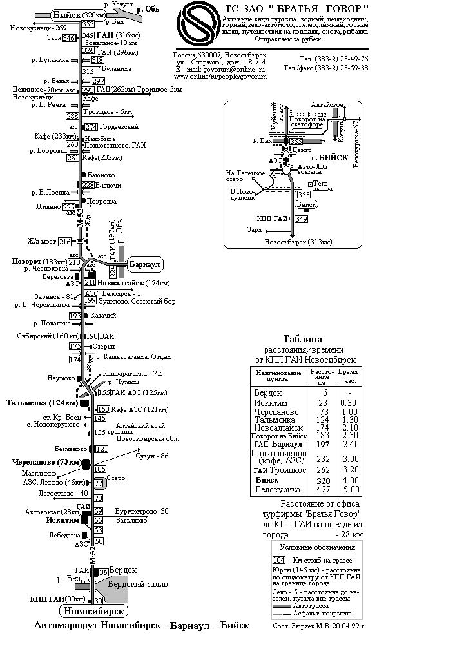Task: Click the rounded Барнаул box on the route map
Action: [x=145, y=264]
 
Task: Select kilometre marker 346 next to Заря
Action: [x=68, y=39]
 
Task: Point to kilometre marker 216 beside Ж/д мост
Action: [x=64, y=242]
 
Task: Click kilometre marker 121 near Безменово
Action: [x=101, y=449]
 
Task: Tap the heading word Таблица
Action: [x=303, y=339]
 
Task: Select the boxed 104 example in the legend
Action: [x=279, y=560]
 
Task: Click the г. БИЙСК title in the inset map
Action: [x=329, y=157]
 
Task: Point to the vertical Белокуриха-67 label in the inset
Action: [x=356, y=142]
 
